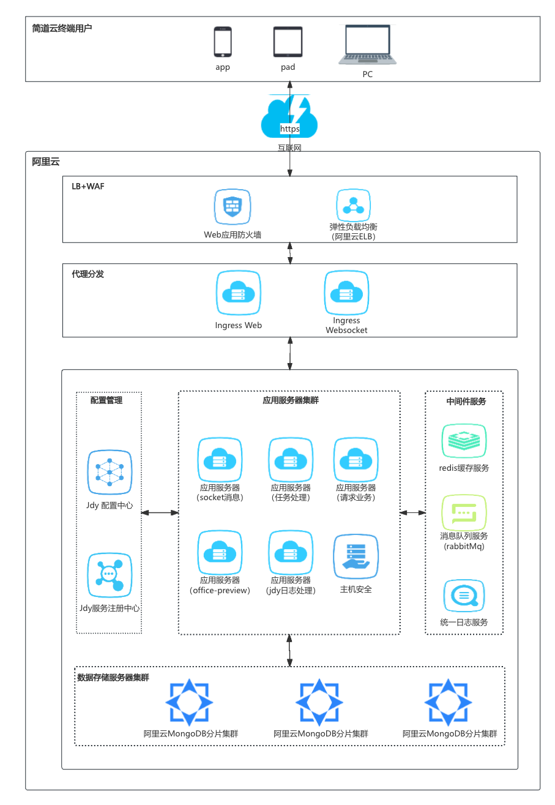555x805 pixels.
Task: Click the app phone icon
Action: coord(223,42)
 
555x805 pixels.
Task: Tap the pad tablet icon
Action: coord(288,42)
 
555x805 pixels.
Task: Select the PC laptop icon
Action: coord(367,45)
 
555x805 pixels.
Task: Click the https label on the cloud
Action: coord(289,129)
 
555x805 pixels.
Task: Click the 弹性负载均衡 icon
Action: coord(354,206)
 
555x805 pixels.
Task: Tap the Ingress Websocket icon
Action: coord(346,293)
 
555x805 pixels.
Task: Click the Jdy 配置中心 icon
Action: coord(110,472)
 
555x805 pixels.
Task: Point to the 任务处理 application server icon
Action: coord(291,459)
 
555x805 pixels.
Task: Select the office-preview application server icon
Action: coord(220,552)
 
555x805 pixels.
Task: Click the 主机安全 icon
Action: coord(356,556)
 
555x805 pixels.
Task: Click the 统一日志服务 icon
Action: coord(464,596)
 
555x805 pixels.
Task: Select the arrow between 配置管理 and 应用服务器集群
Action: coord(160,512)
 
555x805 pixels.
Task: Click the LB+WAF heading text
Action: coord(88,186)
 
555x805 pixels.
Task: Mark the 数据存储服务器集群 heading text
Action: coord(113,678)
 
